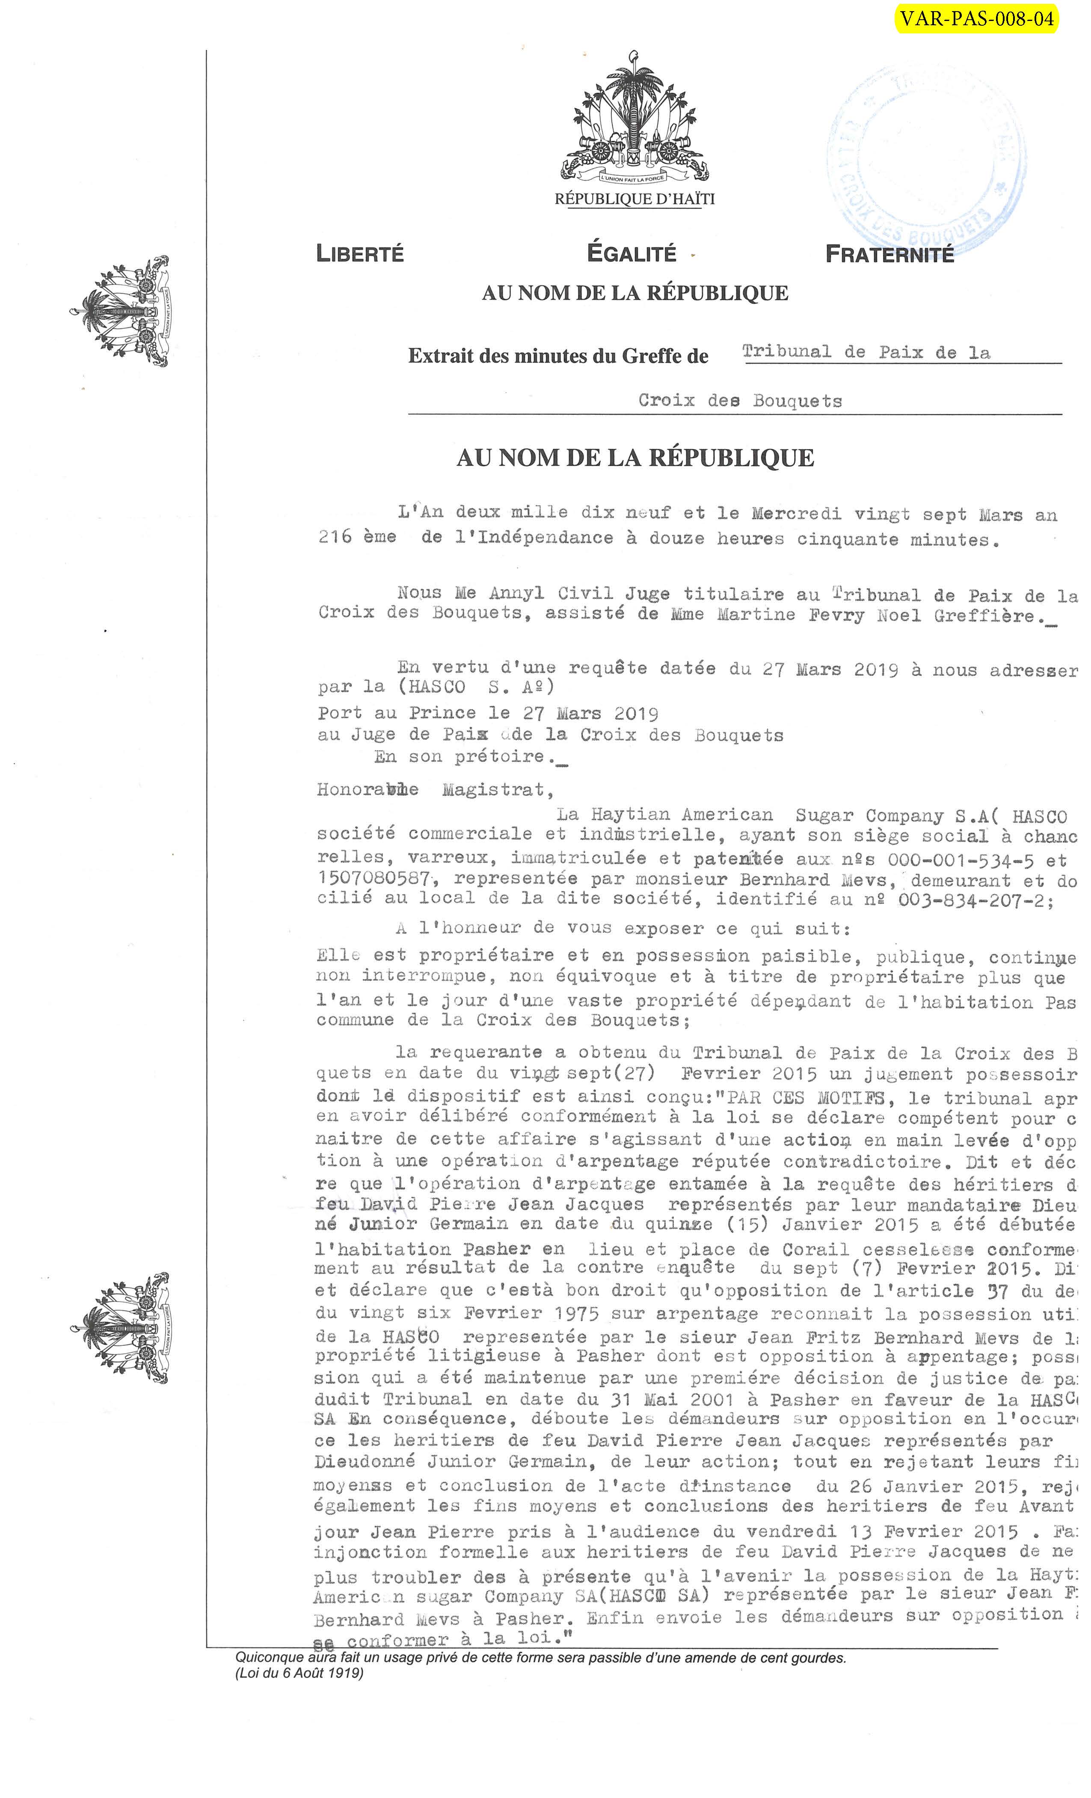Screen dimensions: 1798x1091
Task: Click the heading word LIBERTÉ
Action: click(x=359, y=254)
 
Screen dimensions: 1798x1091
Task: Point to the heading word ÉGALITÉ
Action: click(x=631, y=253)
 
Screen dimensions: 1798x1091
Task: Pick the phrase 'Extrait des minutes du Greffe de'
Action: click(x=558, y=356)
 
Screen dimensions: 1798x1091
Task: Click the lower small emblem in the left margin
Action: click(x=122, y=1328)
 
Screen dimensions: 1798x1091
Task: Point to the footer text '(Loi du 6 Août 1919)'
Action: click(x=299, y=1673)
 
